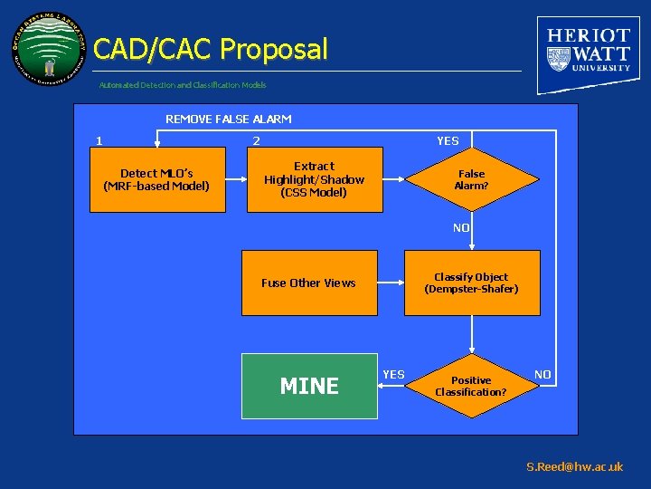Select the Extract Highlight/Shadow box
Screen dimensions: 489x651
[314, 179]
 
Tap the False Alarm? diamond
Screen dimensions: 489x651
[471, 179]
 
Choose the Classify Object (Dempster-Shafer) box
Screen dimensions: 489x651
[471, 283]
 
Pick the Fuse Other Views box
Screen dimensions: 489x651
[309, 283]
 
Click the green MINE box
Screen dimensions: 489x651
[309, 386]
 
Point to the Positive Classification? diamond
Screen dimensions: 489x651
[471, 386]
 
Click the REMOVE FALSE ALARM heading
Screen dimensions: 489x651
[228, 119]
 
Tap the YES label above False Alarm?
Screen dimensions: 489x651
[448, 140]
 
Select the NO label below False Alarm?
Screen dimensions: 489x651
[461, 228]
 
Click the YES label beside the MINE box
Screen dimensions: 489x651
[394, 374]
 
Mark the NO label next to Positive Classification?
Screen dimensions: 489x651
[542, 374]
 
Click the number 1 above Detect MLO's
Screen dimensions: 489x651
[99, 140]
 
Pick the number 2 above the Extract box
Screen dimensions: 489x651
[256, 140]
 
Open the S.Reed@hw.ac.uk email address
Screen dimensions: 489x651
[575, 467]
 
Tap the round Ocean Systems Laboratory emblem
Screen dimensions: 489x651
[50, 50]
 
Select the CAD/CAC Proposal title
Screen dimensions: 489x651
[210, 49]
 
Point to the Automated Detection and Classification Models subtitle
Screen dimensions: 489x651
[183, 85]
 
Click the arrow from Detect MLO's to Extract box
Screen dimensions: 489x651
[236, 179]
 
